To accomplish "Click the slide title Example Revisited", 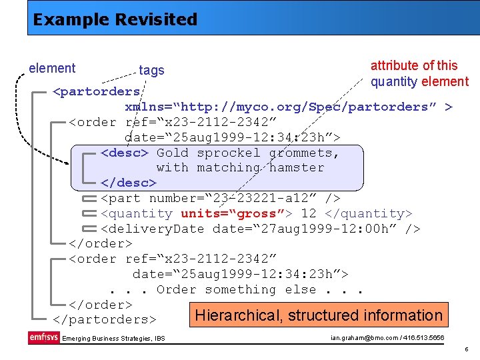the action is pyautogui.click(x=115, y=19).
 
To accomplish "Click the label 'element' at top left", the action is pyautogui.click(x=52, y=68).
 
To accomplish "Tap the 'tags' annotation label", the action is pyautogui.click(x=151, y=70).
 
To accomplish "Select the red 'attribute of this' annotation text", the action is pyautogui.click(x=414, y=65).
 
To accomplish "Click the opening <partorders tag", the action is pyautogui.click(x=97, y=91).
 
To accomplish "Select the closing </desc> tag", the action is pyautogui.click(x=128, y=183).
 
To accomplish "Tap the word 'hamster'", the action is pyautogui.click(x=297, y=168).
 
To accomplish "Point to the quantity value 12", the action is pyautogui.click(x=309, y=213).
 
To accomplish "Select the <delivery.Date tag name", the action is pyautogui.click(x=153, y=229).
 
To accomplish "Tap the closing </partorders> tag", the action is pyautogui.click(x=104, y=320).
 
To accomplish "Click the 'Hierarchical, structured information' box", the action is pyautogui.click(x=319, y=315).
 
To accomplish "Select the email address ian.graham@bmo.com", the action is pyautogui.click(x=364, y=338).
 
